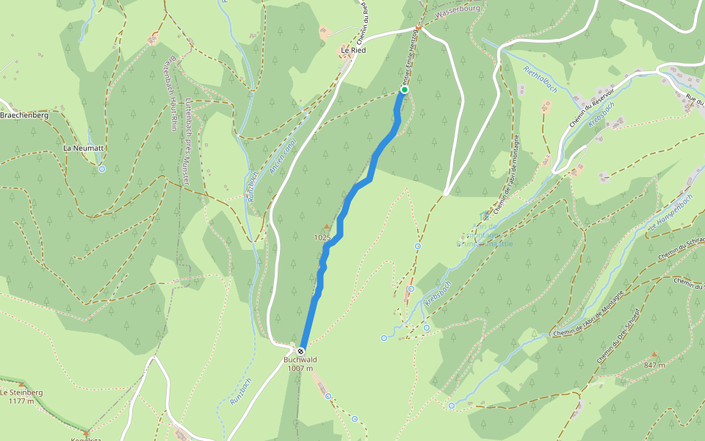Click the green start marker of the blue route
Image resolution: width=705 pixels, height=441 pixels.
[x=403, y=90]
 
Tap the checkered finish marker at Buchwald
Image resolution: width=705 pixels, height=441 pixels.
[x=301, y=350]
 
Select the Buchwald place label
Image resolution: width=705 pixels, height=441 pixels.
[x=300, y=359]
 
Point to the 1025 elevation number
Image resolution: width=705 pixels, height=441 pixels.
[x=322, y=237]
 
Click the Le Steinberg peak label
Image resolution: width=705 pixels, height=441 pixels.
[x=21, y=392]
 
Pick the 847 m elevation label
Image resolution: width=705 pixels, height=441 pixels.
[x=654, y=365]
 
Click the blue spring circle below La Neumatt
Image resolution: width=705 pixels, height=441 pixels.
[x=102, y=169]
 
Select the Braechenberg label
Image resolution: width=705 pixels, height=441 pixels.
[x=24, y=115]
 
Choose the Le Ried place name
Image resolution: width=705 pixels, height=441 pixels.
[x=352, y=50]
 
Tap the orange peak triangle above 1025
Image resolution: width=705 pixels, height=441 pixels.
[x=327, y=226]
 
